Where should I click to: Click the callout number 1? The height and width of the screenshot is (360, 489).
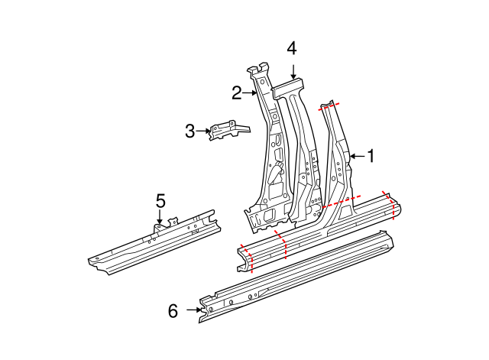371,157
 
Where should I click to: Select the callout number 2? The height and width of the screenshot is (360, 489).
237,93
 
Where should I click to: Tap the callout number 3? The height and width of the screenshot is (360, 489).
190,131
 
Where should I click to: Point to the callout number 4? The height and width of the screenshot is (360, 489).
292,48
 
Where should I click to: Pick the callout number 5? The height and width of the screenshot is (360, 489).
160,201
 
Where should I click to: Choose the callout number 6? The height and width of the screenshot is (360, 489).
173,310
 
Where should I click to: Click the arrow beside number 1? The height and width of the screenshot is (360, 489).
356,157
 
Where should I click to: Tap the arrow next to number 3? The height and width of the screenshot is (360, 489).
205,131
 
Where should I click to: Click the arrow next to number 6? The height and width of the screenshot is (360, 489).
191,310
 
